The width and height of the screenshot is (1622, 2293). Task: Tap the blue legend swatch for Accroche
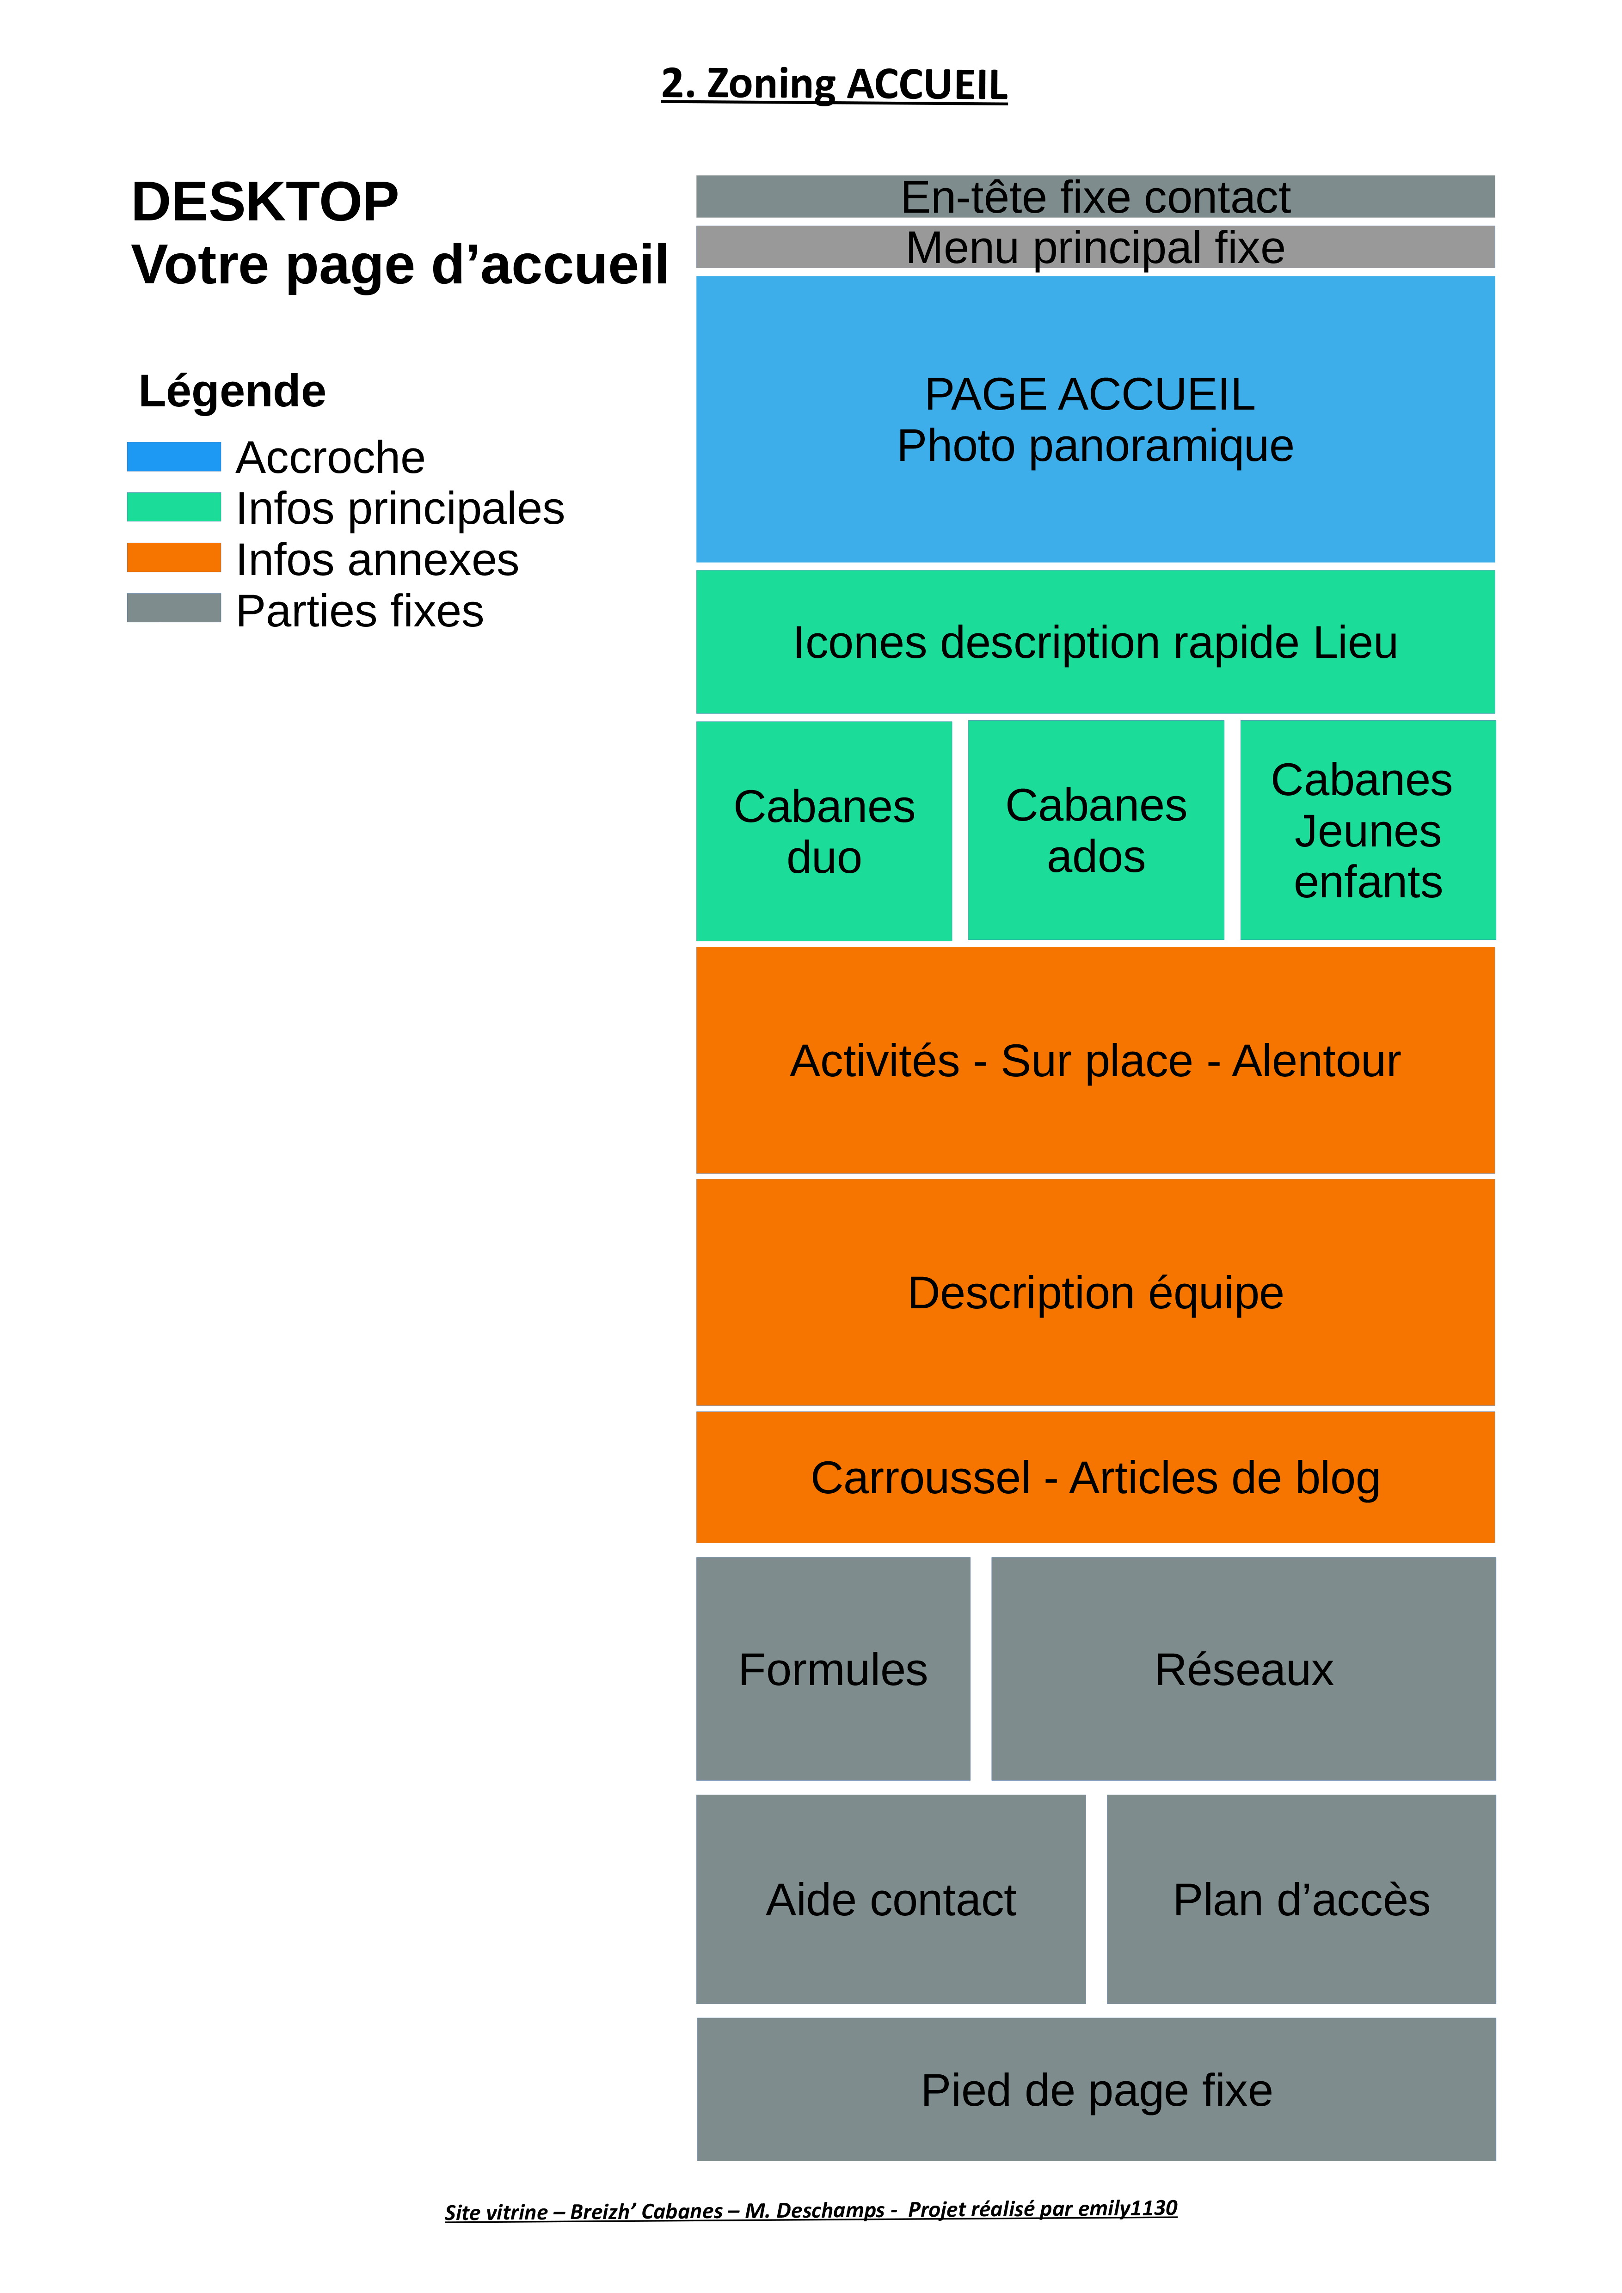(174, 456)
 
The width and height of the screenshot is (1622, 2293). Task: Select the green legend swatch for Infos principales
(174, 507)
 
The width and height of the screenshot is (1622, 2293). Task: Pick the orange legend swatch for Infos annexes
(174, 557)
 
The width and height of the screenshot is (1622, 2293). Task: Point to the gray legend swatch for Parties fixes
(174, 608)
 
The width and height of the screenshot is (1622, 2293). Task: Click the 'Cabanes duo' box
(824, 831)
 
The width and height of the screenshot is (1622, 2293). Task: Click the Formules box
(833, 1670)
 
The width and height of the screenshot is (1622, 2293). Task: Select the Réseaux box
(1243, 1670)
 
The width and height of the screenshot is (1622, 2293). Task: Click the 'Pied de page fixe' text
(1096, 2090)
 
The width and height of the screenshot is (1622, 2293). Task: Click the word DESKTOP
(264, 203)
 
